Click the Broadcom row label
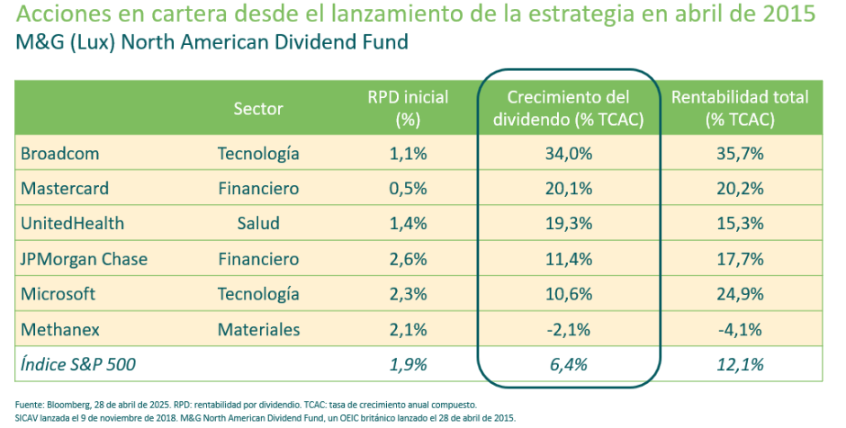tap(59, 154)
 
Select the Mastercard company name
tap(65, 189)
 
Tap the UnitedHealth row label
tap(72, 224)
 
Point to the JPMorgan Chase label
tap(84, 259)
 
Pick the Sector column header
tap(258, 109)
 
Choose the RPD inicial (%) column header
tap(408, 108)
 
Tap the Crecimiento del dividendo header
tap(568, 108)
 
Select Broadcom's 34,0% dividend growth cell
tap(568, 154)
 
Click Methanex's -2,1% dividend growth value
tap(568, 329)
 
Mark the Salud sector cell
tap(258, 224)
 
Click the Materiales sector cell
tap(258, 329)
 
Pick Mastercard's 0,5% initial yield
tap(408, 189)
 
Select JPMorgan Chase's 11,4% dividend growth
tap(568, 259)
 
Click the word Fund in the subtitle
tap(386, 41)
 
